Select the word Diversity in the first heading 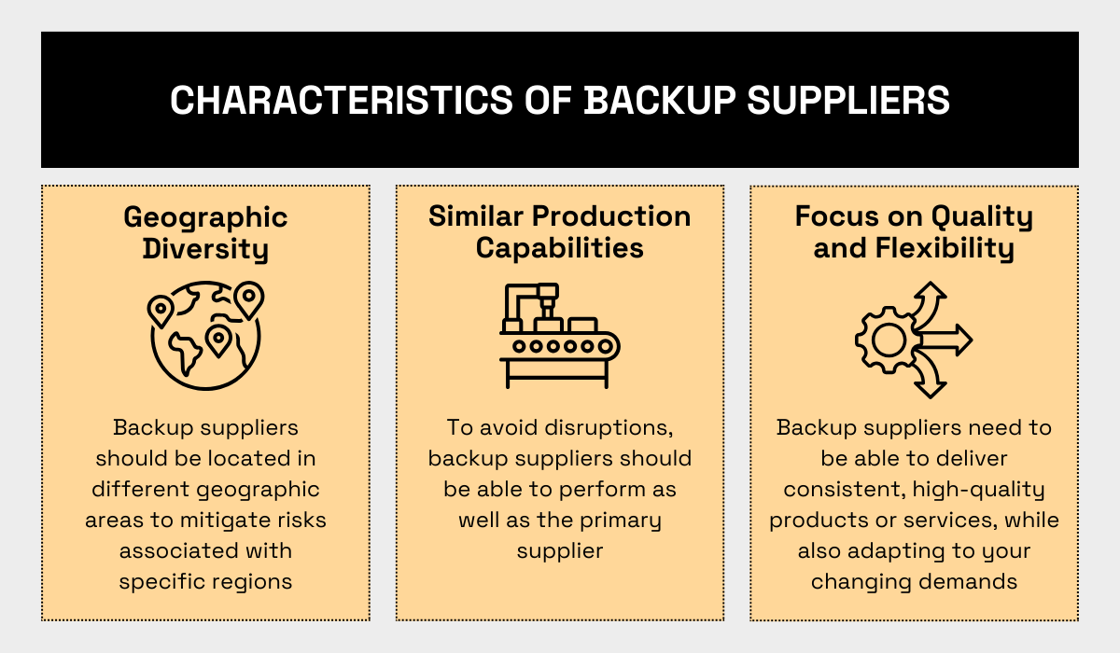point(205,249)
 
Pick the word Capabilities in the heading point(560,248)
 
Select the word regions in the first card point(246,581)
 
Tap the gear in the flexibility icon point(885,340)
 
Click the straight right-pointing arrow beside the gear point(950,340)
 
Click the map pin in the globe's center point(218,340)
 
